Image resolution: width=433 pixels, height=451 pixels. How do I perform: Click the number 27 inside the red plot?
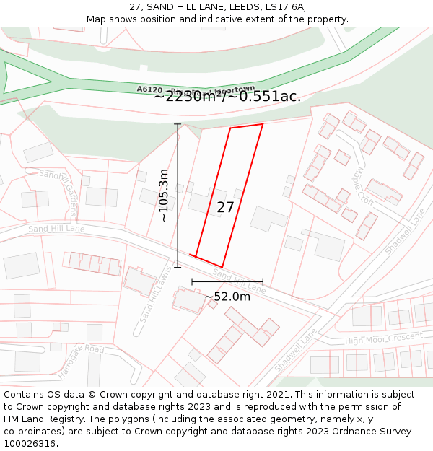tap(225, 208)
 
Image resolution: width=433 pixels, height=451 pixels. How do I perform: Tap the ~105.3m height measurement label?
tap(164, 195)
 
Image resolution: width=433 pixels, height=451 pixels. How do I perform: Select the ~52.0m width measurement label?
tap(227, 297)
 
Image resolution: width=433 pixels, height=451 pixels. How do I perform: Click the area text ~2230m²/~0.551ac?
tap(227, 97)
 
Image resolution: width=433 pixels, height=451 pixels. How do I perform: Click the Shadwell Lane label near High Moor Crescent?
tap(296, 351)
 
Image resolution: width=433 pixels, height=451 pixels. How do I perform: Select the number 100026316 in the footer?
tap(30, 444)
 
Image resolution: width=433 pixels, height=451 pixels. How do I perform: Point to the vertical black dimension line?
tap(178, 195)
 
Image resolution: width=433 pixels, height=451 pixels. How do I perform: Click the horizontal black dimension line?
tap(227, 281)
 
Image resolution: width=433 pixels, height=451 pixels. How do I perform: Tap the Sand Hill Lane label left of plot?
tap(56, 229)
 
